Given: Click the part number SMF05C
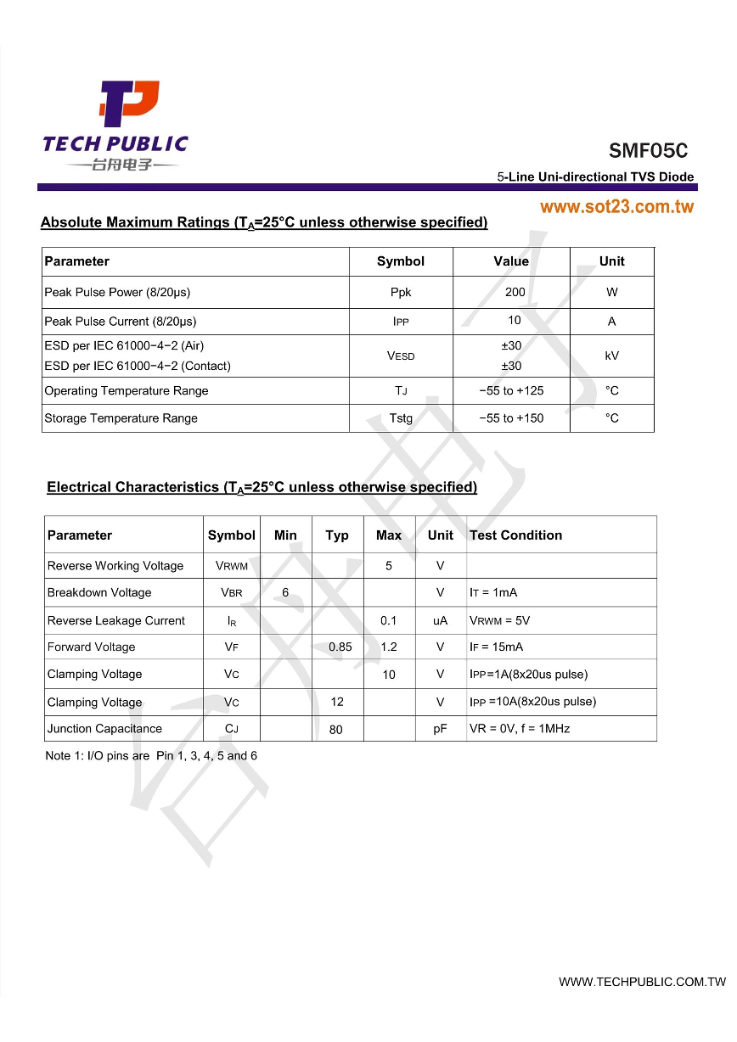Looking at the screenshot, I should (x=648, y=151).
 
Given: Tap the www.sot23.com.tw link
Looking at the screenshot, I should (x=616, y=207).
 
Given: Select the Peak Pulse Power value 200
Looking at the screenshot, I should (x=515, y=292).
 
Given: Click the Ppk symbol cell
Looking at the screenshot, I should (x=401, y=292).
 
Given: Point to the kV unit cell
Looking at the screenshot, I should (x=611, y=356).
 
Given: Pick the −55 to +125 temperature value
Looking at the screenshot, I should (x=511, y=391).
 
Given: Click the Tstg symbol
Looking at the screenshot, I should (x=401, y=418).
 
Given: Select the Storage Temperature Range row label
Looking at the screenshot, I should (x=121, y=418).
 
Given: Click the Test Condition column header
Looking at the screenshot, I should (x=515, y=535).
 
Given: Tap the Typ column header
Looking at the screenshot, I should (x=337, y=535).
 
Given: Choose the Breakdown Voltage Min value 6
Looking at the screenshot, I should (x=285, y=592).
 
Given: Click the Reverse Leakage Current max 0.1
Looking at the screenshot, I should (x=389, y=620).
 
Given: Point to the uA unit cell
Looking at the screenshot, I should (x=440, y=620).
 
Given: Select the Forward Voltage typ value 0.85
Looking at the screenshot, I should (x=340, y=647).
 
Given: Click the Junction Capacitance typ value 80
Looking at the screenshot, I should (x=336, y=730).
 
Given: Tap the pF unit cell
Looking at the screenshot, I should (x=440, y=729).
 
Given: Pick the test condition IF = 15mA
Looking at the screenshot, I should (x=496, y=647).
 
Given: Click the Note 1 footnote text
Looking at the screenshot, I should (x=151, y=756).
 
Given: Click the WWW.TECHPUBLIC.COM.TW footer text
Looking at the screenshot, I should (x=642, y=982).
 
